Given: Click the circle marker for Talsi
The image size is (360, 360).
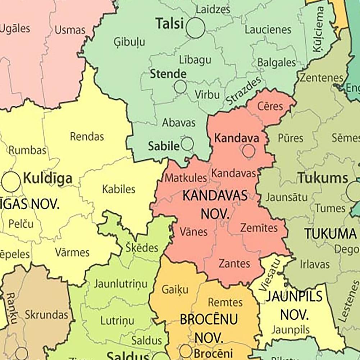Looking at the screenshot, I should coord(195,28).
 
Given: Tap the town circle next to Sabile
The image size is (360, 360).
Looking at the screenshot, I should coord(187,144).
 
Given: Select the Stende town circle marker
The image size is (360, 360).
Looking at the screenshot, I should coord(180,87).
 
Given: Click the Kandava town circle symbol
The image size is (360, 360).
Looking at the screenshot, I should coord(249,151).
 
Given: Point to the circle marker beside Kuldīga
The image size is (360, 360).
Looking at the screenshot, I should coord(11,182).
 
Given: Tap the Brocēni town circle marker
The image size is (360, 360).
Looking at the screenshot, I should coord(186,351).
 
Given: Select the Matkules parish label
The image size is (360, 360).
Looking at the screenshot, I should coord(186,178).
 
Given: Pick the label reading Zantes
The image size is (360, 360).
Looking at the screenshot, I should coord(234,263).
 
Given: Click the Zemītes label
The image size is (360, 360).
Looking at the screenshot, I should coord(259,228).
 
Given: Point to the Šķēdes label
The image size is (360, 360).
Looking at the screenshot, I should coord(142,247).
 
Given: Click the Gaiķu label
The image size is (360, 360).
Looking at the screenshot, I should coord(175,289).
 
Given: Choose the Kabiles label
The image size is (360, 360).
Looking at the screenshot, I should coord(119,189).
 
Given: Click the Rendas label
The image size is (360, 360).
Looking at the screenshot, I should coord(87,136).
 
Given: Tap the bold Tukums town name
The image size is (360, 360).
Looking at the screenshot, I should coord(323,178).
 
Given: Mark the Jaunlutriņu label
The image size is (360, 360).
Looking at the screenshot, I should coord(120,284).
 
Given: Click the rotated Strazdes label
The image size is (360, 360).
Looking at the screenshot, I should coord(243,92).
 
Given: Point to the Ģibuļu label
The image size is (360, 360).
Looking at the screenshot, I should coord(129,42).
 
